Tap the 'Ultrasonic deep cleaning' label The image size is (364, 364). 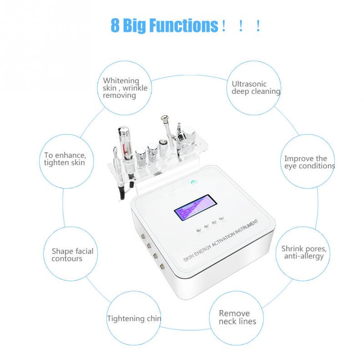point(256,87)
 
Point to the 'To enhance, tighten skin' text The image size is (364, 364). point(64,159)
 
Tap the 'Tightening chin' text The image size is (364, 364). point(134,318)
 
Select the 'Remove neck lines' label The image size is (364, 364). point(237,317)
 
